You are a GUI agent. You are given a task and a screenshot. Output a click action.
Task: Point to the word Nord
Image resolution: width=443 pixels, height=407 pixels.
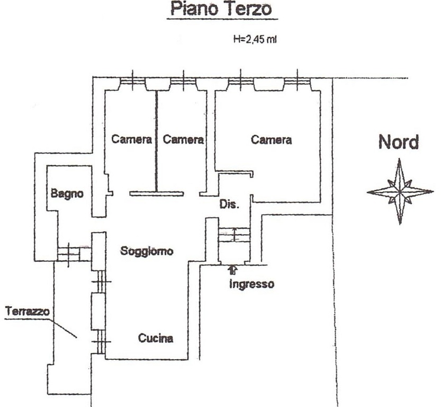398,142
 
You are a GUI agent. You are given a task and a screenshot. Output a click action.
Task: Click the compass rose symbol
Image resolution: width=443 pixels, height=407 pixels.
400,192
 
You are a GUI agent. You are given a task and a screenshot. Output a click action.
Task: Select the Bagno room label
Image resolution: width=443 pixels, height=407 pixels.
67,194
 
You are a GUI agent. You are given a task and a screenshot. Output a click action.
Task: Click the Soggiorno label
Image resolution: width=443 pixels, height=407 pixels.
147,251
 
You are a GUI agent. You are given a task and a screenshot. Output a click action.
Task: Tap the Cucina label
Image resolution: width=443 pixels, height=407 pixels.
156,338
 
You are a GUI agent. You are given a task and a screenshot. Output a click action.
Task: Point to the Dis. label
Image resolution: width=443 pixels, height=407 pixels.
230,204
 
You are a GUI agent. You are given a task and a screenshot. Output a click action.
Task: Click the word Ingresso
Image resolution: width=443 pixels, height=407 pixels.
251,284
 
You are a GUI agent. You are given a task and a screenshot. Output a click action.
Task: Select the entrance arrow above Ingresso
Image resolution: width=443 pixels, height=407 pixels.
233,270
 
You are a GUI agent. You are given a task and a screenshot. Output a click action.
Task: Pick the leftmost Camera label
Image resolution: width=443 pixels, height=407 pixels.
132,140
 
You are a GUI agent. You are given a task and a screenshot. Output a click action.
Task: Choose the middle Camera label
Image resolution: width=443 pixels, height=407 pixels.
183,140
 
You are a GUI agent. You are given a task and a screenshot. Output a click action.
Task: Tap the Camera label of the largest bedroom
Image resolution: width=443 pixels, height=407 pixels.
271,140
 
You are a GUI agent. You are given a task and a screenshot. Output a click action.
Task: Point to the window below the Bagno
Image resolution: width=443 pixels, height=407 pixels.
69,253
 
